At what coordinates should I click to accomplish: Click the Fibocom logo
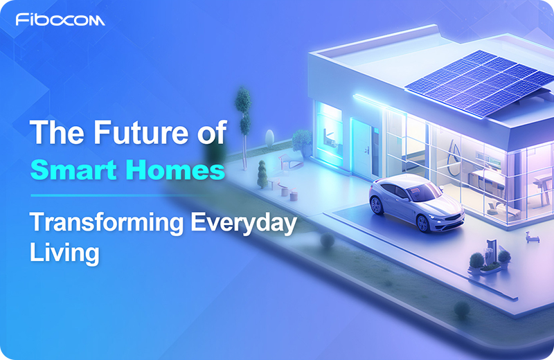click(60, 20)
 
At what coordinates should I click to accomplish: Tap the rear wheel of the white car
click(376, 205)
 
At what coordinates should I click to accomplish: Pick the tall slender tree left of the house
click(242, 114)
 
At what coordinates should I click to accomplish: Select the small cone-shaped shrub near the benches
click(262, 174)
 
